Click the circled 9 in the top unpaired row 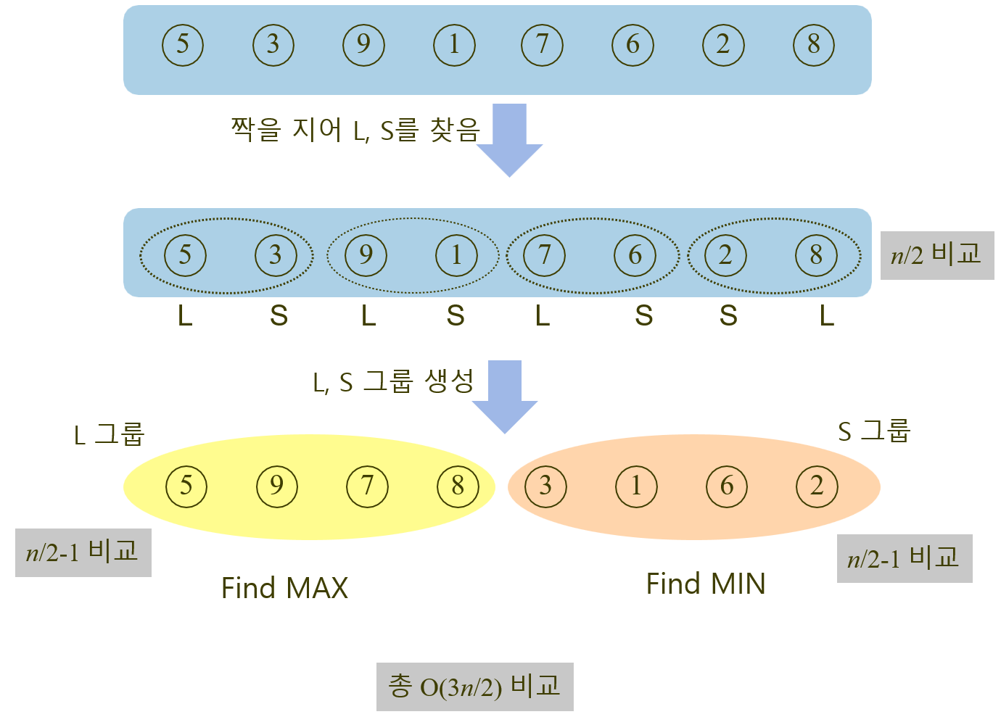click(x=363, y=45)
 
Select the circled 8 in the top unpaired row click(x=814, y=45)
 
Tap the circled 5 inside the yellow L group click(x=186, y=486)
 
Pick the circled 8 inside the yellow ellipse click(x=458, y=486)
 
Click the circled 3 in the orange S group click(x=545, y=486)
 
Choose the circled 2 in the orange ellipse click(x=817, y=486)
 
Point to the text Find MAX click(x=284, y=588)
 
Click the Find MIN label click(x=706, y=584)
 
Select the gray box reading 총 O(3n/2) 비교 click(x=474, y=687)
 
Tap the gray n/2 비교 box click(x=936, y=255)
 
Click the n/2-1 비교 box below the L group click(x=83, y=552)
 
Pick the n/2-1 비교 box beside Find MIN click(x=904, y=558)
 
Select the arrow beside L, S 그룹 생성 click(x=505, y=396)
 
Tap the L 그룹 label click(x=110, y=434)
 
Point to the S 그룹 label click(x=874, y=431)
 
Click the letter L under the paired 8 click(x=827, y=316)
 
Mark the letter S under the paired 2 click(x=728, y=316)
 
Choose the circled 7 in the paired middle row click(x=543, y=255)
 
